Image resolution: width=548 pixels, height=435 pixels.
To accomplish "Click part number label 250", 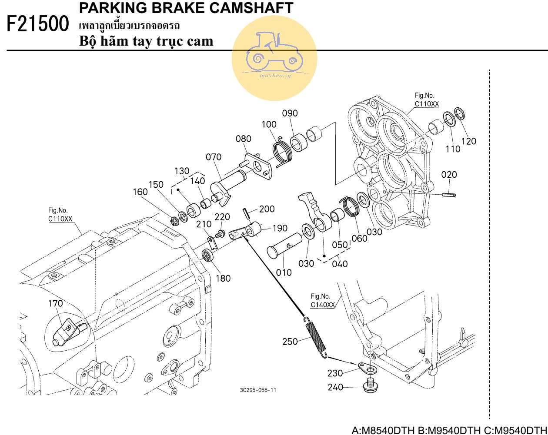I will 290,341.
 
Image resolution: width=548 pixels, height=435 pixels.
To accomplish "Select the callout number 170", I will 55,303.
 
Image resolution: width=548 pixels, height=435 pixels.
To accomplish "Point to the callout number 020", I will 449,175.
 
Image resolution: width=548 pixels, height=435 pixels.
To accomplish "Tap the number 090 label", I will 290,113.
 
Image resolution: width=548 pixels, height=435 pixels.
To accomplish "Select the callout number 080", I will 244,139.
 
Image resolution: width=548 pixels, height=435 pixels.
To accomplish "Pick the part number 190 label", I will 280,228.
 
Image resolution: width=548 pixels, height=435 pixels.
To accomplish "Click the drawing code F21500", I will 38,24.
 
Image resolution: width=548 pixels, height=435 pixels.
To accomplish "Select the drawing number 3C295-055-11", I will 258,390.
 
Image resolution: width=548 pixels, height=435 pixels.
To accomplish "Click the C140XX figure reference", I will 323,305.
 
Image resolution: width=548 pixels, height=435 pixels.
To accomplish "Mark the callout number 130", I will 182,170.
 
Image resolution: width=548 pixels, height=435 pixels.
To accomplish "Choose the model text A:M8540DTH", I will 383,430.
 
